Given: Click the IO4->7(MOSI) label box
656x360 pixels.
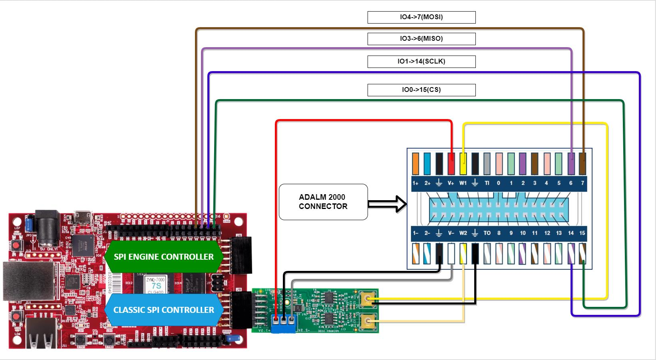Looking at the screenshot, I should [x=421, y=17].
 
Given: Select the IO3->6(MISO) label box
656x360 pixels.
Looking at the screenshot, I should [x=421, y=39].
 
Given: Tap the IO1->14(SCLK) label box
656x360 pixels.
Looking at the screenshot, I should [x=421, y=62].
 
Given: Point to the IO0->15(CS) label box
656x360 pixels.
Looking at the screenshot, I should [x=421, y=90].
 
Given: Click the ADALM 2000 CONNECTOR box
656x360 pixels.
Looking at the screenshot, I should [x=323, y=202].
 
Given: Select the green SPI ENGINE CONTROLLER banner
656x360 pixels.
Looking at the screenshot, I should [x=163, y=257].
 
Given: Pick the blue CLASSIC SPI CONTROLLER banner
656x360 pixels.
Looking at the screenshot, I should [x=163, y=310].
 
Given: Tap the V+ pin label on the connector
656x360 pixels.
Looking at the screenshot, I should [x=451, y=183].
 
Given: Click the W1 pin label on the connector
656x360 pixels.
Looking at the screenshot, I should [x=463, y=183].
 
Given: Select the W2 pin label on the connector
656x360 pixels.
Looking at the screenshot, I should [x=463, y=233].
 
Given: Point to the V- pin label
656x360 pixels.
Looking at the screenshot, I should [x=451, y=233].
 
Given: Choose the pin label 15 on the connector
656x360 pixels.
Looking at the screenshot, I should [x=582, y=233].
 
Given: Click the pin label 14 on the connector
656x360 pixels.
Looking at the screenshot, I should [x=571, y=233].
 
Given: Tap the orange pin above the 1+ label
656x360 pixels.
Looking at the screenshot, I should [x=415, y=164].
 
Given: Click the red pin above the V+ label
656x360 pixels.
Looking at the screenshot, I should [x=451, y=164].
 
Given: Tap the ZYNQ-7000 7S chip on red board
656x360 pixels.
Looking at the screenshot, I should [x=155, y=283].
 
